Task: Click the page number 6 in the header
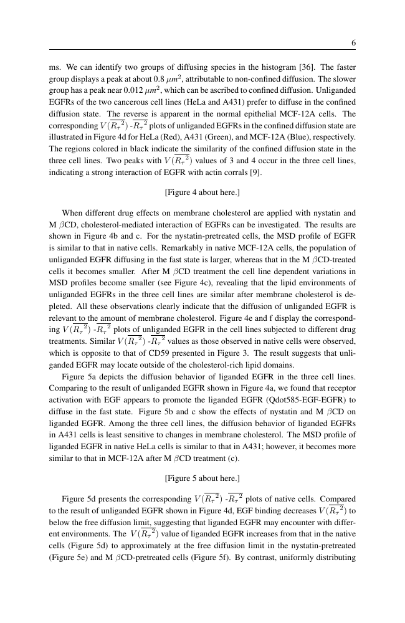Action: point(353,43)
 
